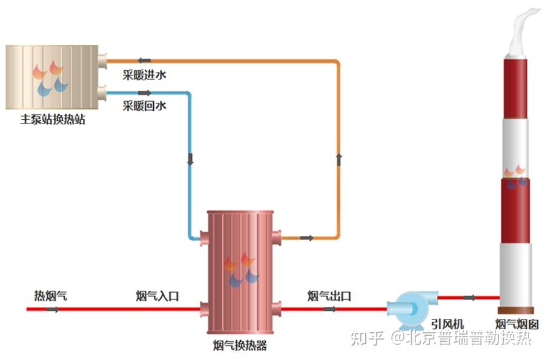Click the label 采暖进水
click(144, 76)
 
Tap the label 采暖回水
click(144, 106)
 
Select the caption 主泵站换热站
click(53, 119)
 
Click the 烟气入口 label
click(157, 296)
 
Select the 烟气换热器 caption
click(240, 346)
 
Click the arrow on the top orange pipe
click(144, 60)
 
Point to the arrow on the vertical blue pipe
click(190, 159)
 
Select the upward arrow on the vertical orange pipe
click(339, 159)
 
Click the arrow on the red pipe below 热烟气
click(53, 309)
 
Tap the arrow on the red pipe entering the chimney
click(469, 297)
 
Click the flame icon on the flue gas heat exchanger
click(241, 270)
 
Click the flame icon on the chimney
click(516, 176)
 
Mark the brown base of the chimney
click(516, 310)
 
